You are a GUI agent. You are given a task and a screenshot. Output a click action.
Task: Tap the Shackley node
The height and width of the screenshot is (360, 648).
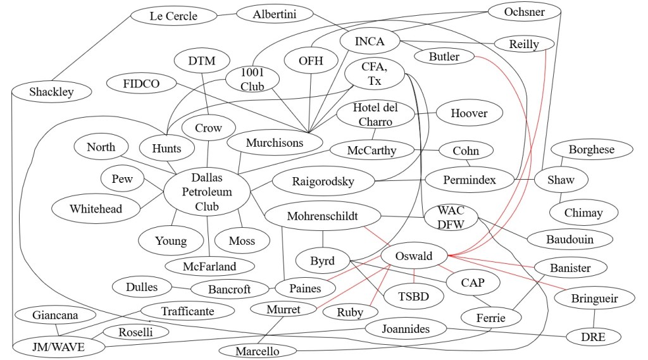click(x=51, y=92)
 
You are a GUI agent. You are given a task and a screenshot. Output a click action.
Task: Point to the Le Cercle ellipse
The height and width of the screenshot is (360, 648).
click(x=173, y=16)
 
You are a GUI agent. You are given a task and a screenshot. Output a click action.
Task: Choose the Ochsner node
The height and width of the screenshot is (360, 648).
click(x=525, y=12)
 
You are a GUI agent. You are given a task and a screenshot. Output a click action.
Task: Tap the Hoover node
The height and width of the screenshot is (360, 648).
click(x=469, y=113)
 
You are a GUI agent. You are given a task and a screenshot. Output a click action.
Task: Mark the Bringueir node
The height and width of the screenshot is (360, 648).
click(x=594, y=298)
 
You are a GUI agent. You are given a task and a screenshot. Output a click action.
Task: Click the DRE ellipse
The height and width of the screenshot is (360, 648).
click(x=592, y=337)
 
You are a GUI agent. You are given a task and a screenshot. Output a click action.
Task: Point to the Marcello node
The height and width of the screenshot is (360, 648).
click(x=258, y=351)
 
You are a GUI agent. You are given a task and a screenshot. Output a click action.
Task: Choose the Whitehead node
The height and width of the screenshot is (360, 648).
click(x=96, y=208)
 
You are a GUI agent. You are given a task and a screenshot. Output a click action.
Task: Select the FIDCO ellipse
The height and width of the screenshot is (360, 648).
click(x=141, y=83)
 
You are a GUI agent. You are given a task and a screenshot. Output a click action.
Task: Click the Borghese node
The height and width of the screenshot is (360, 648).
click(x=591, y=150)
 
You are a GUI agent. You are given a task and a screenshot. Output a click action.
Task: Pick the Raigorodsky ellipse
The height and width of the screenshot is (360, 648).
click(x=323, y=182)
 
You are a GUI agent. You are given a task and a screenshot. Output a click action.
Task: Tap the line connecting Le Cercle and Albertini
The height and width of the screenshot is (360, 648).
click(x=226, y=15)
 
